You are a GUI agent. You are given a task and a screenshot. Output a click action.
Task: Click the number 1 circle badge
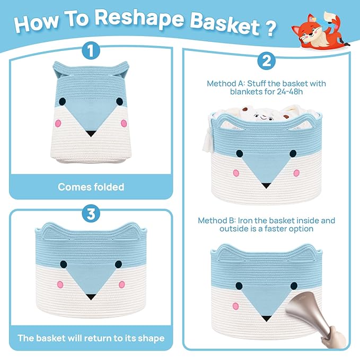click(x=91, y=50)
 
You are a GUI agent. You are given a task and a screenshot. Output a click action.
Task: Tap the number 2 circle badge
click(x=266, y=61)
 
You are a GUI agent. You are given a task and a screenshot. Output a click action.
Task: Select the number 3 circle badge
click(x=91, y=214)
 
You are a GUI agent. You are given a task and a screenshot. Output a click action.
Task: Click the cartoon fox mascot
click(x=320, y=30)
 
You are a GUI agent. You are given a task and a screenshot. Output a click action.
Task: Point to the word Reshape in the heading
click(x=139, y=19)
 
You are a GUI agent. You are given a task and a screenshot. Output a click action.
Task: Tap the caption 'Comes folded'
click(x=91, y=187)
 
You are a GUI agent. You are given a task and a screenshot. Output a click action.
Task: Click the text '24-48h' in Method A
click(x=289, y=92)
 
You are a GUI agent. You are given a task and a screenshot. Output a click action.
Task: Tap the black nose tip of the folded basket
click(x=91, y=133)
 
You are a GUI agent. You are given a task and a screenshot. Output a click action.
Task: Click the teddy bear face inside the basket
click(x=264, y=118)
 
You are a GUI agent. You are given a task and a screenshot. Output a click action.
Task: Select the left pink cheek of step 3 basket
click(x=60, y=285)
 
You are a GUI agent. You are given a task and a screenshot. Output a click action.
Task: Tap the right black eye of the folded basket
click(x=119, y=101)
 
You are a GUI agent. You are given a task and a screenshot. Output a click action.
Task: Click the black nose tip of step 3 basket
click(x=91, y=296)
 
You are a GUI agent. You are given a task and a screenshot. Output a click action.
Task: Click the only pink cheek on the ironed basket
click(x=235, y=306)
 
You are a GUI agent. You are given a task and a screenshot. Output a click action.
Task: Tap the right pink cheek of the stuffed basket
click(x=296, y=173)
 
